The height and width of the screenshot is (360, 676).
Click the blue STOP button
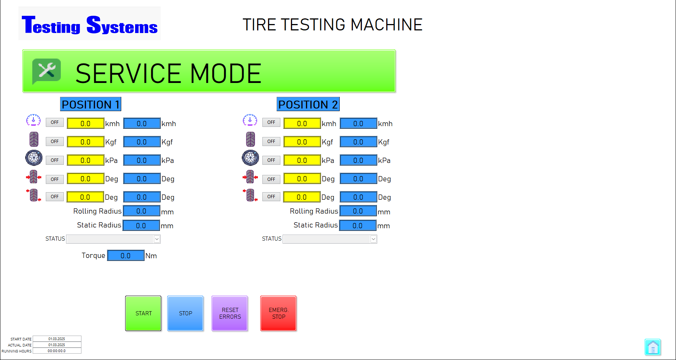(x=185, y=313)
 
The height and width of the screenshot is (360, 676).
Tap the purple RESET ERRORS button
(x=230, y=313)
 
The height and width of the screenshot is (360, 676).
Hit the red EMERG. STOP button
(x=279, y=313)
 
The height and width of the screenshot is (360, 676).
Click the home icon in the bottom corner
(x=653, y=347)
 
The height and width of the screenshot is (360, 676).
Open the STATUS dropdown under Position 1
(x=113, y=239)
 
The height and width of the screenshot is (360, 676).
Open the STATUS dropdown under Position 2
(x=330, y=239)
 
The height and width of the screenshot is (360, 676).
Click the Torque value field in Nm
(x=126, y=256)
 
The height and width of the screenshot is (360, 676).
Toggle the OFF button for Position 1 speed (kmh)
(x=55, y=122)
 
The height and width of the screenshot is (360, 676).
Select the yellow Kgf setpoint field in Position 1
(x=86, y=142)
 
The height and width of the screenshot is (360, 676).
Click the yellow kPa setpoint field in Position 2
(x=302, y=160)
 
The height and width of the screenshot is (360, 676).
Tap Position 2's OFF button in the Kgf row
(x=271, y=142)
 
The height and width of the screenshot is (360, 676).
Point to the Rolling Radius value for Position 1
(x=142, y=211)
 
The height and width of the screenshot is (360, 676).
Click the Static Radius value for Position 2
(x=358, y=226)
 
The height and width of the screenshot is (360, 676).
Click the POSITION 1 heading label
(x=91, y=104)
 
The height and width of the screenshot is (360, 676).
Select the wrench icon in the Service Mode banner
(x=47, y=71)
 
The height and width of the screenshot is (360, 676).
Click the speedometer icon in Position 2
(x=250, y=120)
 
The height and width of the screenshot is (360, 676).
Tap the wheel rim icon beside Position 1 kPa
(x=34, y=158)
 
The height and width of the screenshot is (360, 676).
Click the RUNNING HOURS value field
(x=57, y=351)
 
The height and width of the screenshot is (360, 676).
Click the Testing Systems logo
(x=90, y=24)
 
